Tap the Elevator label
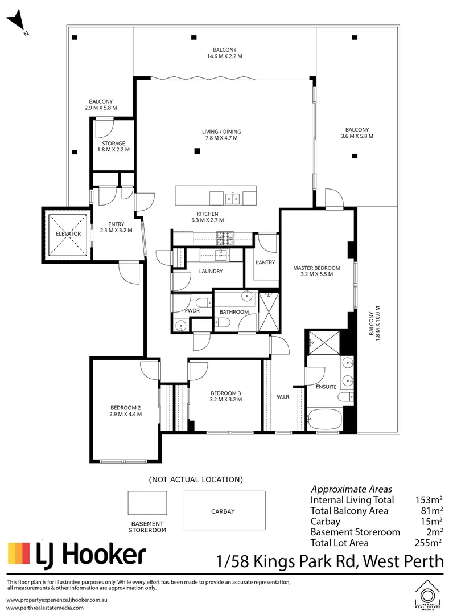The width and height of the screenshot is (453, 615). (x=68, y=234)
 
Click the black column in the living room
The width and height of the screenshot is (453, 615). (x=196, y=151)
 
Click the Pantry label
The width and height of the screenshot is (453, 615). (x=265, y=263)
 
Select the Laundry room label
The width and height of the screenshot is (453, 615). (x=211, y=272)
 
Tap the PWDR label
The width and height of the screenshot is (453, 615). (x=192, y=310)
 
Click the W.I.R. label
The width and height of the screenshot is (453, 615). (x=283, y=397)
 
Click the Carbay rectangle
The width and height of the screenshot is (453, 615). (x=224, y=511)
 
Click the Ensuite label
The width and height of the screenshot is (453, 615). (x=326, y=387)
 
